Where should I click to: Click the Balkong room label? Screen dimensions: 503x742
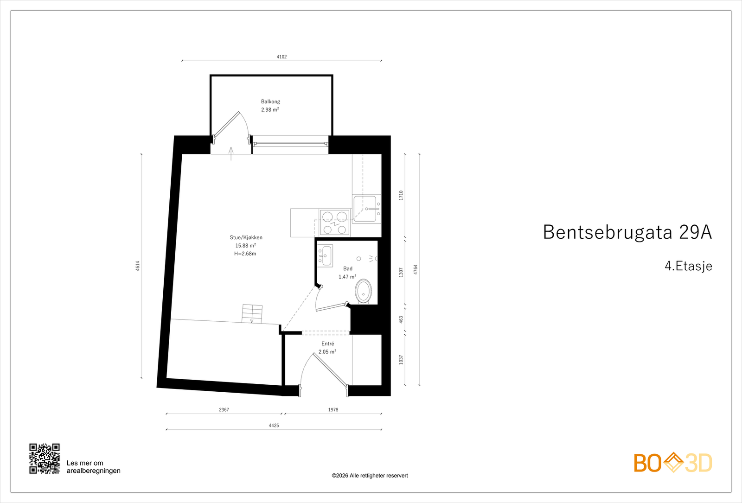coord(270,102)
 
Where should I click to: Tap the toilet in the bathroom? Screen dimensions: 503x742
coord(363,291)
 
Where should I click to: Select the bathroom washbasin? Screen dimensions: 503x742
coord(326,255)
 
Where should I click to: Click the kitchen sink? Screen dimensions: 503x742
coord(365,209)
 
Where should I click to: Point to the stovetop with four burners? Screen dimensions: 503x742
coord(334,223)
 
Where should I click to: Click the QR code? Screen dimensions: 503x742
coord(45,458)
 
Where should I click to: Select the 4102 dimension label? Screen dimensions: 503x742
coord(281,57)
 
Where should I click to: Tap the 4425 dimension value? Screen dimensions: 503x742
coord(274,426)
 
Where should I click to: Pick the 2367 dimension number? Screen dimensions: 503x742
coord(224,410)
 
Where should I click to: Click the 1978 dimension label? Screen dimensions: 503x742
coord(333,410)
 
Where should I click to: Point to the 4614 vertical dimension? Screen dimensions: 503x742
coord(138,266)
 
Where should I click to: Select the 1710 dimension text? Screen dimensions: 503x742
coord(401,195)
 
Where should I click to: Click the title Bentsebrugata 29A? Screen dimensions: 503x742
coord(627,232)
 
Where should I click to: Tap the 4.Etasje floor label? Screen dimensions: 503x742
coord(688,266)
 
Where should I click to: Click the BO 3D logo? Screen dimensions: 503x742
coord(673,463)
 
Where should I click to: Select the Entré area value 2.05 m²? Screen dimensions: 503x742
coord(327,352)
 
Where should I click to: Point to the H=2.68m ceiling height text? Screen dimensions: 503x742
coord(245,254)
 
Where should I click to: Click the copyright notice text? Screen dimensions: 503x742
coord(370,476)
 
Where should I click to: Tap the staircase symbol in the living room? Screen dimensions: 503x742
coord(252,314)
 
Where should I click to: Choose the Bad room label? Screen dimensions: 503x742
coord(348,269)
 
